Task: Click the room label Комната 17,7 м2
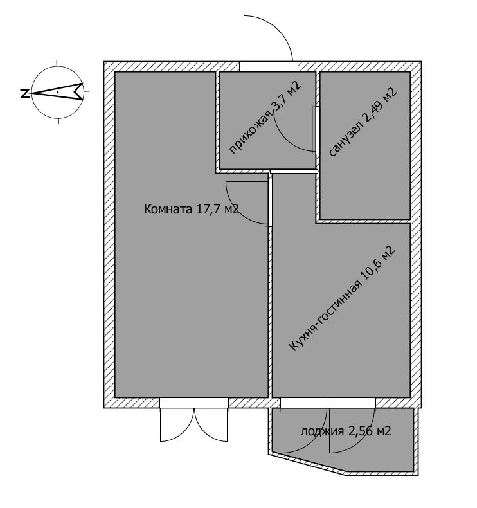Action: (x=192, y=209)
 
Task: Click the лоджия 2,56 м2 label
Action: (x=345, y=431)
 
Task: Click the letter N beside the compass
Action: (x=24, y=93)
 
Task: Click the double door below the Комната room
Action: (x=194, y=424)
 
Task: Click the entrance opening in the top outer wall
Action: (x=268, y=66)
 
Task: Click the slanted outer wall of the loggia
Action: (x=309, y=465)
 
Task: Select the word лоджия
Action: (x=318, y=431)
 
